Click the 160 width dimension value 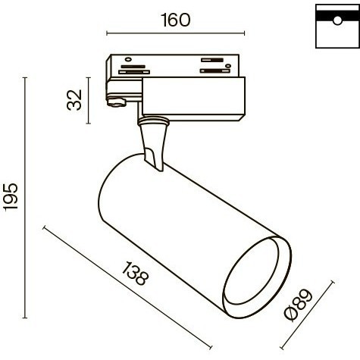click(x=175, y=20)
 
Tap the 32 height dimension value click(x=74, y=101)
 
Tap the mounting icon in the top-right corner click(x=334, y=26)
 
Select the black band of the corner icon click(x=334, y=15)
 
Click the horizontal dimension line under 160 click(x=175, y=33)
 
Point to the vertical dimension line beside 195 click(x=28, y=199)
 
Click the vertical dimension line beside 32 click(x=89, y=101)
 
